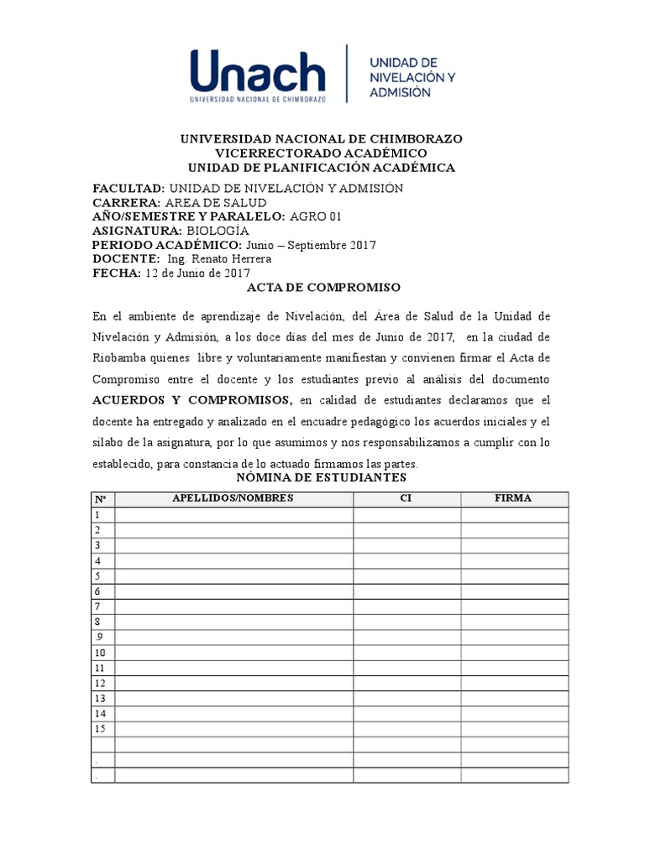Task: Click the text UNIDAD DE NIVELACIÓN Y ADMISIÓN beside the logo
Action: click(412, 77)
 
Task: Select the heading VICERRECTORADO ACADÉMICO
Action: click(322, 153)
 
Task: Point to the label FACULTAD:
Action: click(128, 189)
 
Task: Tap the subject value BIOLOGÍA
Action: click(218, 231)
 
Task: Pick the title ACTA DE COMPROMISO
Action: click(322, 288)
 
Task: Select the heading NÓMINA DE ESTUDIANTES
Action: click(322, 477)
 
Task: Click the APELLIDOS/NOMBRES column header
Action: click(233, 498)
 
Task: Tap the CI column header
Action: click(406, 498)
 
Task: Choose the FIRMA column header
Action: click(513, 498)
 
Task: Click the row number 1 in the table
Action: click(98, 514)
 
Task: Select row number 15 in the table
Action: click(101, 728)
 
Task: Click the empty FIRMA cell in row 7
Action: click(513, 607)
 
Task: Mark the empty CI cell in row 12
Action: click(406, 683)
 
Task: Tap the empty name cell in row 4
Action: click(233, 560)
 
